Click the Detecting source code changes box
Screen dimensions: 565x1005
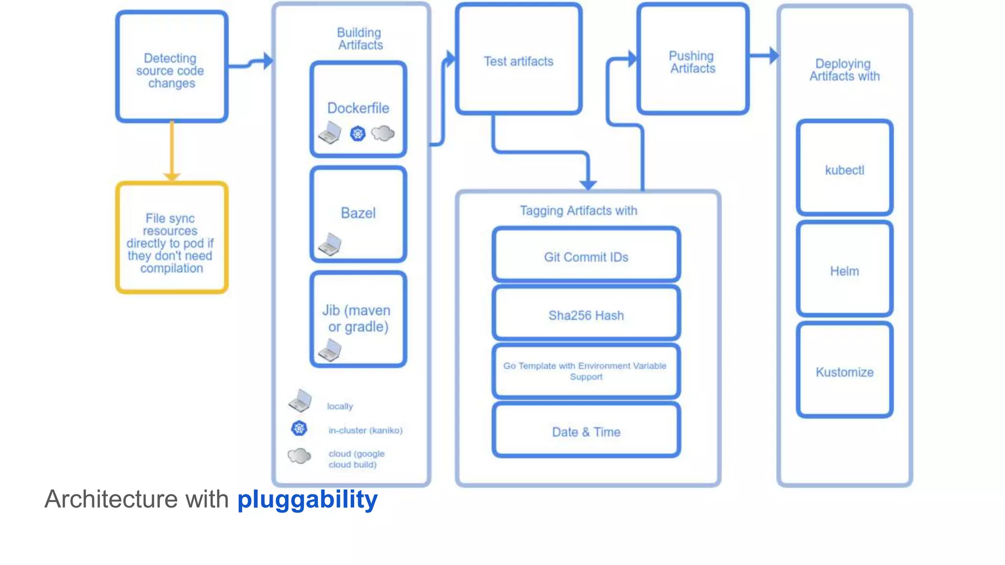(x=171, y=67)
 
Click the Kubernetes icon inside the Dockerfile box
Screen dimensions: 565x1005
(x=358, y=133)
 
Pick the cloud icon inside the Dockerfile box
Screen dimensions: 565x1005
(x=383, y=133)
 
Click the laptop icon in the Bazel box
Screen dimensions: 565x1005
(x=330, y=244)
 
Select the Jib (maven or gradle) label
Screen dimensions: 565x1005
(x=357, y=318)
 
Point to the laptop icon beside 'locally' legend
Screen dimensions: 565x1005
(x=300, y=401)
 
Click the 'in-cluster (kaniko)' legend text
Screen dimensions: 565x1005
(x=366, y=430)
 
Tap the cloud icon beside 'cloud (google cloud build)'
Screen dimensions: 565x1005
(x=299, y=456)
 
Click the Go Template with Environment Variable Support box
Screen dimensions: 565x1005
(x=586, y=371)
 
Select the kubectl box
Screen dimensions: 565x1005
(x=844, y=168)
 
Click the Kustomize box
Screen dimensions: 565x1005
(x=844, y=371)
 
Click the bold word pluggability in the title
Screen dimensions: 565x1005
(x=308, y=500)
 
